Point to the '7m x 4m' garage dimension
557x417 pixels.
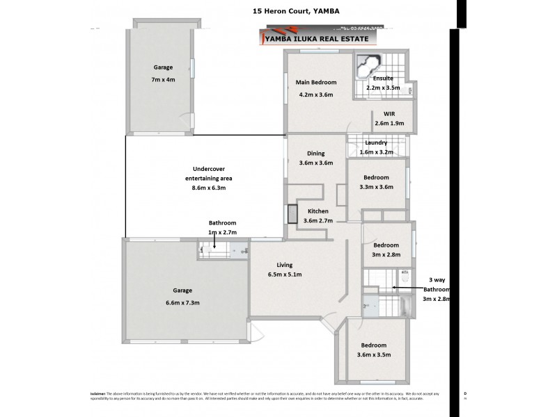coord(164,80)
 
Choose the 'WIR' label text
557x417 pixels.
coord(389,113)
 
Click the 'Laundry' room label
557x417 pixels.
coord(376,142)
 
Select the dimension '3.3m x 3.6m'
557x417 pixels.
coord(376,186)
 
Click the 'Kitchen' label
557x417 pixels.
coord(318,211)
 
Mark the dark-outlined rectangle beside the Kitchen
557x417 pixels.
coord(292,215)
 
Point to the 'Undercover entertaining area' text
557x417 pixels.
coord(209,173)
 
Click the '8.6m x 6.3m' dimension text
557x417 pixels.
coord(209,188)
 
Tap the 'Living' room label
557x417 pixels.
coord(284,265)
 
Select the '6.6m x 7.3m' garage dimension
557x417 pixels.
coord(182,302)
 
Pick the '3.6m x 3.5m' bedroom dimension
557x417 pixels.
coord(374,355)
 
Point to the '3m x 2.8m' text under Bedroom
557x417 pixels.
coord(385,254)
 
